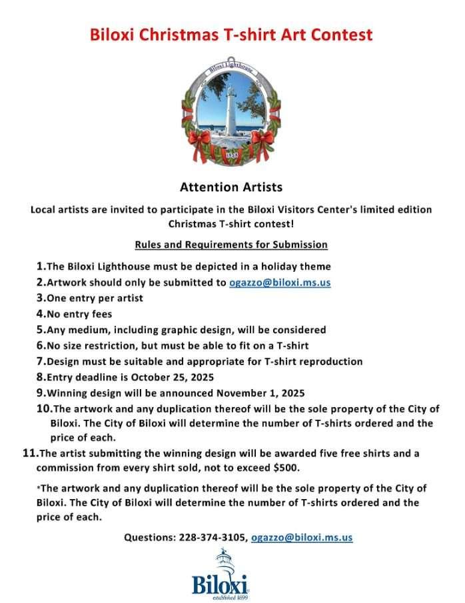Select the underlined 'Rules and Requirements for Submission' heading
(231, 245)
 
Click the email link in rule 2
(280, 282)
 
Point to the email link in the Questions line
(302, 537)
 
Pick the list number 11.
(29, 453)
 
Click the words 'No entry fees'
(79, 313)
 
